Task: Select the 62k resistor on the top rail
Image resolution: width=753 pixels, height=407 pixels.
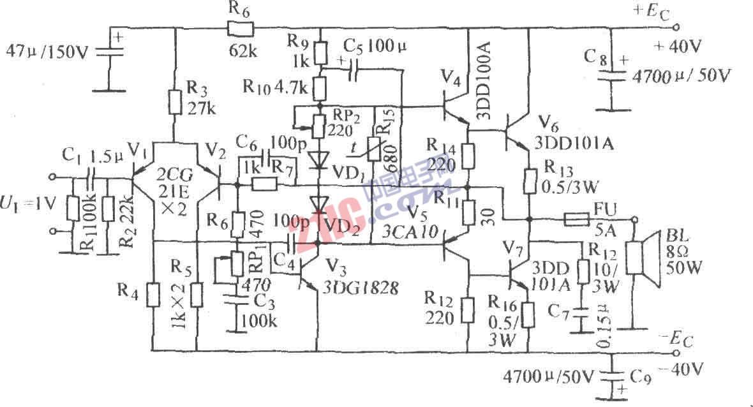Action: pos(240,28)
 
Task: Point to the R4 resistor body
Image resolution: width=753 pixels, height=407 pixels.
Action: pos(153,295)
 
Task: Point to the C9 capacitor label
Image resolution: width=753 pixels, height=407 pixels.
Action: pos(640,377)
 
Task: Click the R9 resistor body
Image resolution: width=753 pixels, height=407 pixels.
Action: pos(321,50)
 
